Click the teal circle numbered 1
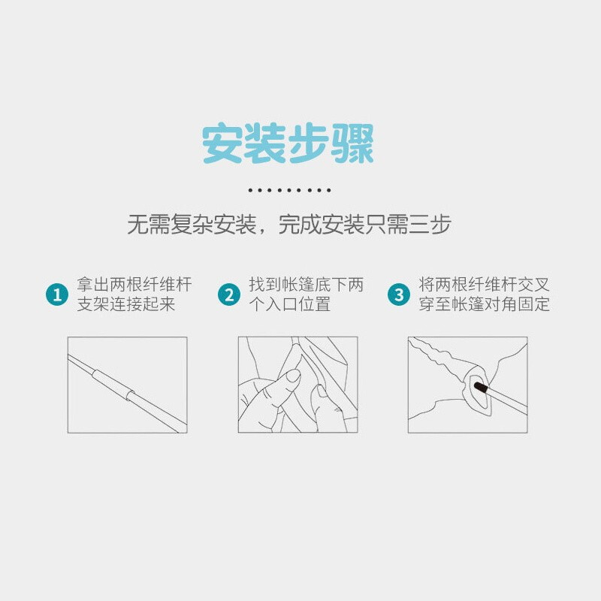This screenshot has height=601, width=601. [57, 294]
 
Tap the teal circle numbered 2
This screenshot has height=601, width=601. [229, 294]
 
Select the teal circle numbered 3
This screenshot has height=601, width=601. [399, 294]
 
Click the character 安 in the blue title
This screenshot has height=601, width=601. [222, 143]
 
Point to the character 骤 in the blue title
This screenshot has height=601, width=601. [353, 143]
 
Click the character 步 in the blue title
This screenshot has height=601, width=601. [309, 143]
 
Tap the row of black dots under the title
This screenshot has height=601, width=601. [289, 190]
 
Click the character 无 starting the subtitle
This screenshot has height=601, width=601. [137, 224]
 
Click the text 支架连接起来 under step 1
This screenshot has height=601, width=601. [126, 304]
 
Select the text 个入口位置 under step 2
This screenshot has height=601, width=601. [290, 304]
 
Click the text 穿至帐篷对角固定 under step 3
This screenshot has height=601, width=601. [485, 304]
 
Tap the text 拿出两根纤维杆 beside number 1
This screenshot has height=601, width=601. [134, 285]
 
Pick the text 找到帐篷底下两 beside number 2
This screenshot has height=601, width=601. [307, 285]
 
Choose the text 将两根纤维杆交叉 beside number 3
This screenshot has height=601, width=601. [485, 285]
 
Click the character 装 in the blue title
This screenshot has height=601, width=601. [265, 143]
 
